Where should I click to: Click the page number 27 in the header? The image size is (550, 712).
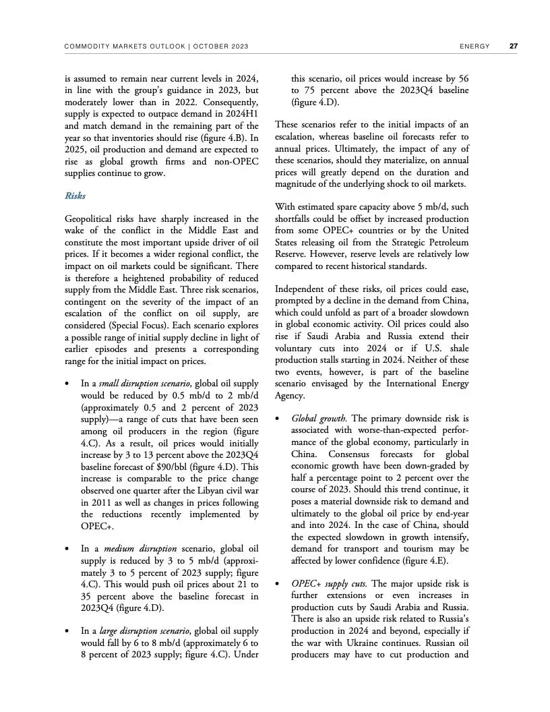click(513, 47)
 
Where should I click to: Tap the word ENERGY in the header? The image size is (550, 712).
click(474, 47)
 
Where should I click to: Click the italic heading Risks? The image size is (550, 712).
click(75, 196)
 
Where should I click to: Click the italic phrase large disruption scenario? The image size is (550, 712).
click(139, 631)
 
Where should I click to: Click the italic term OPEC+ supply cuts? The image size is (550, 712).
click(329, 583)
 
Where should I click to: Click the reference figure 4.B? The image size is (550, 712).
click(229, 138)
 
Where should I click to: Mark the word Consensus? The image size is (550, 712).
click(351, 454)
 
